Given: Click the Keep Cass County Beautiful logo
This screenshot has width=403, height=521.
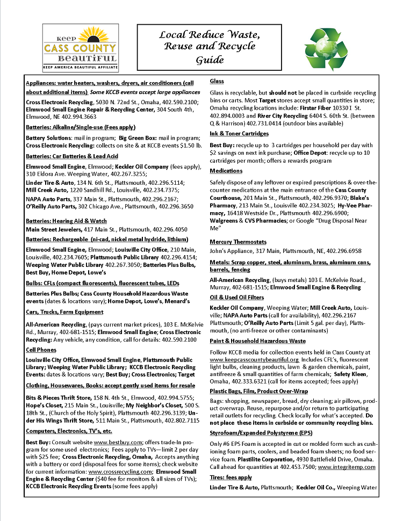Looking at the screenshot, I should click(81, 48).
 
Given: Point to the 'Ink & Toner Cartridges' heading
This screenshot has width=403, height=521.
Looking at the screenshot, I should click(239, 133).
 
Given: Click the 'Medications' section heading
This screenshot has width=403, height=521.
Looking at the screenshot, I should click(226, 171).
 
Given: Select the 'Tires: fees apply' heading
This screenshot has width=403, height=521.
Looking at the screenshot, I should click(231, 477).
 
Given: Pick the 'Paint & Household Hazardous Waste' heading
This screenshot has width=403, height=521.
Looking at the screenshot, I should click(257, 341).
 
